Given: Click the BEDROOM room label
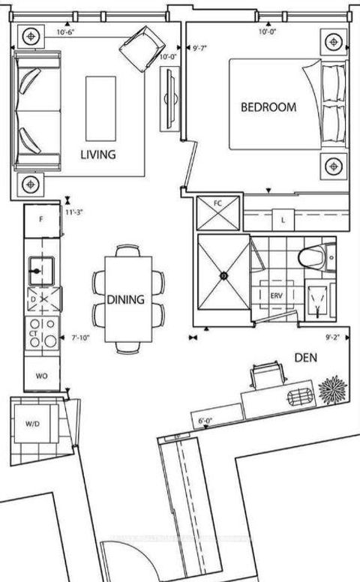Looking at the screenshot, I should coord(268,107).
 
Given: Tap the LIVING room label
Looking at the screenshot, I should coord(98,155).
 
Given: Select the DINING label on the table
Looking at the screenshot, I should coord(125,299).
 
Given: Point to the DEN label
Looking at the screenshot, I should coord(306,358).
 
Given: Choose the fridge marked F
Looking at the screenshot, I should coord(41,220).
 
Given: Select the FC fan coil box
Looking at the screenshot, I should coord(218,204).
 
